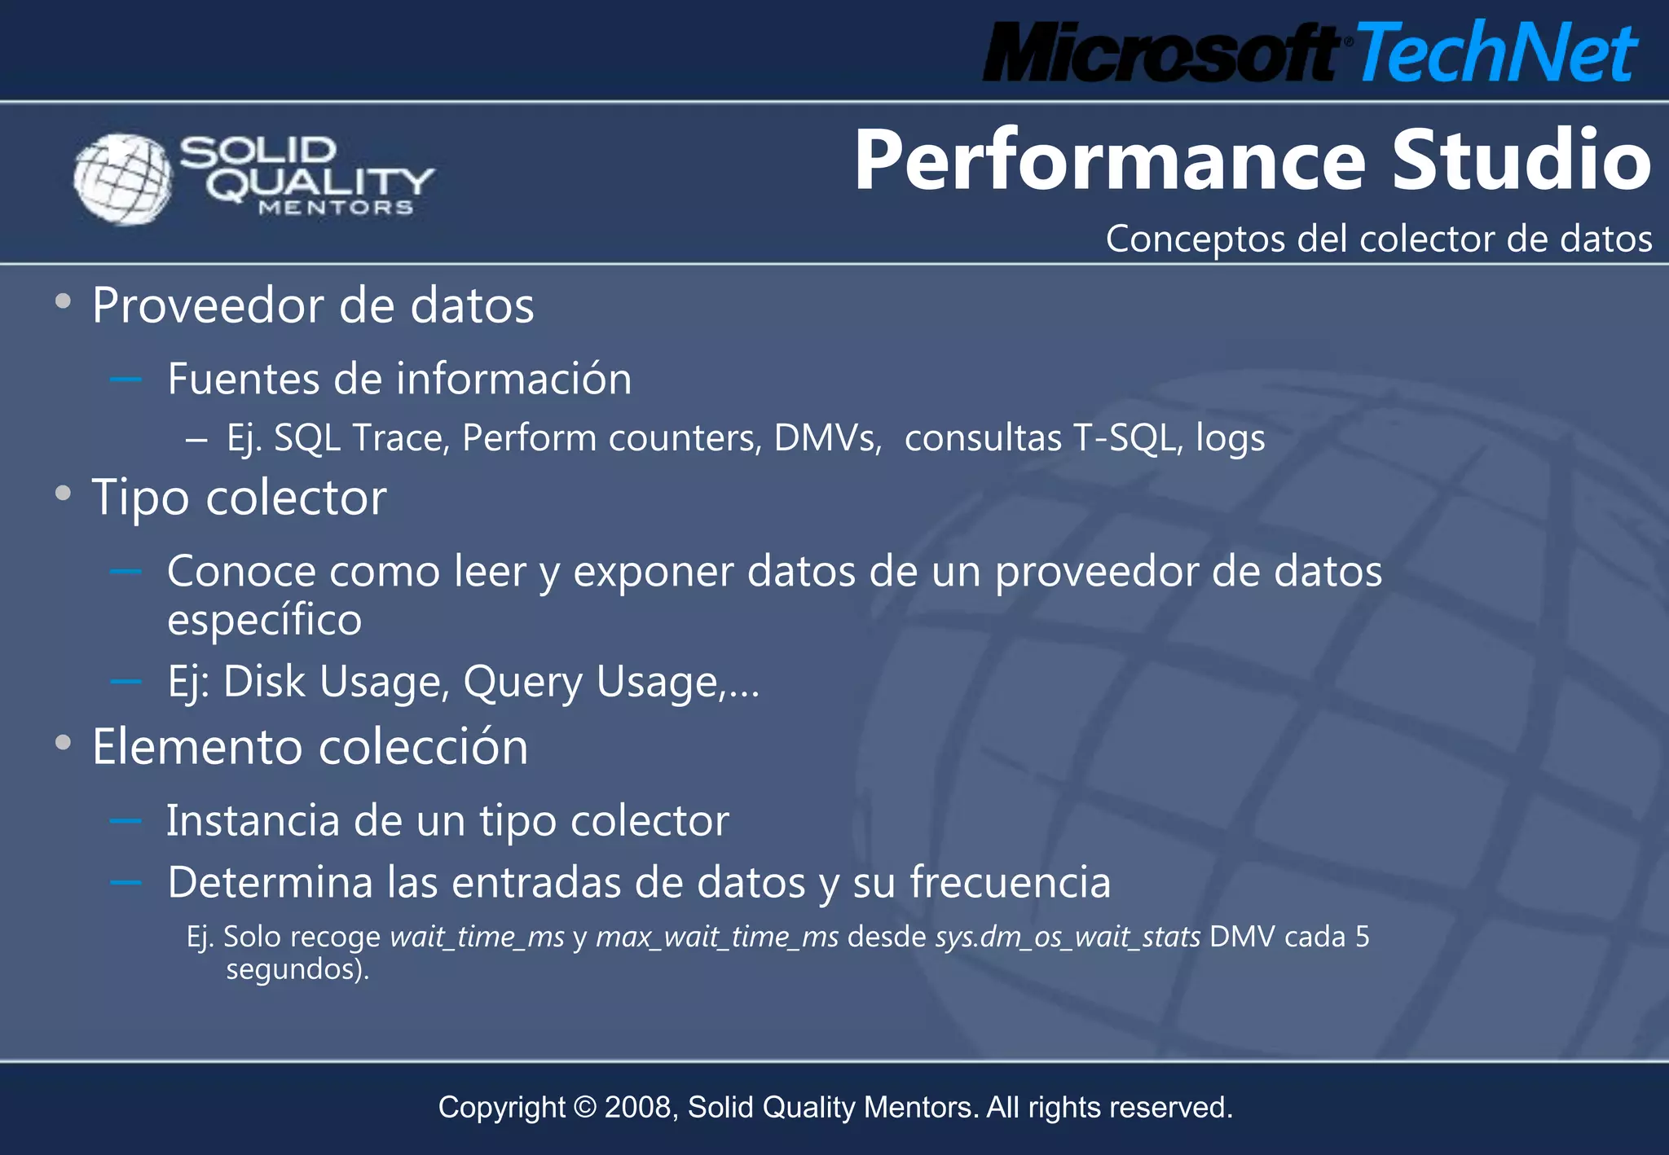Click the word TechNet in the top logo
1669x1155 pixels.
tap(1496, 53)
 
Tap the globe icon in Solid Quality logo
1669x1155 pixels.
tap(123, 178)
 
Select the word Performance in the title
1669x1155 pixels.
tap(1109, 160)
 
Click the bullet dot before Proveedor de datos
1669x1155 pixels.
tap(63, 302)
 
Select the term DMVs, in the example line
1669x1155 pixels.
tap(827, 438)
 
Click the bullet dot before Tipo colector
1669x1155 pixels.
tap(63, 494)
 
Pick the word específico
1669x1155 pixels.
tap(264, 621)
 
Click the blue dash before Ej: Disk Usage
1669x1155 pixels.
tap(126, 681)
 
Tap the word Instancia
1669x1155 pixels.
tap(253, 821)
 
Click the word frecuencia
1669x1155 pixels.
tap(1010, 883)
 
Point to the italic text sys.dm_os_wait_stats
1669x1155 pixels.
tap(1068, 938)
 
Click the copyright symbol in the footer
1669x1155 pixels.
tap(584, 1108)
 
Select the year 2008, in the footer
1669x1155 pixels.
tap(641, 1108)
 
